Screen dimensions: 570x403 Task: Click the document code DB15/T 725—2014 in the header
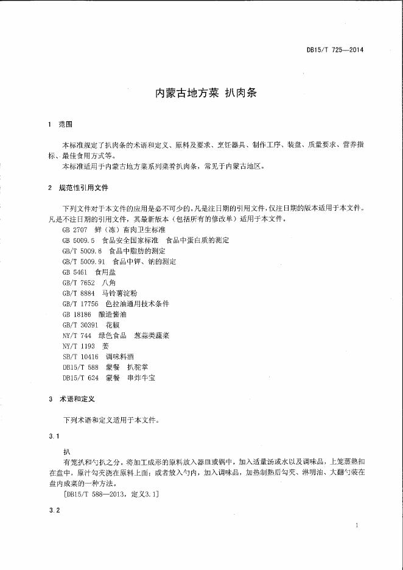point(334,50)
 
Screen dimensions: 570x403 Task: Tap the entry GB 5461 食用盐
point(93,272)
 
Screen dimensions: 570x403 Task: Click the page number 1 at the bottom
point(356,525)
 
